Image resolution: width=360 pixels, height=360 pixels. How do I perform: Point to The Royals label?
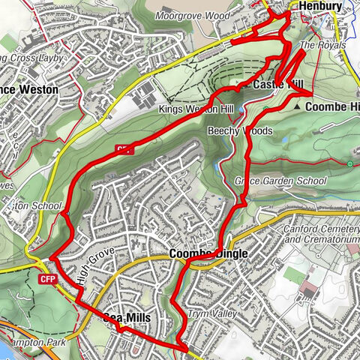[x=322, y=46]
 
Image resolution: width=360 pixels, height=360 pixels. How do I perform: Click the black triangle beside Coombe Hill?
[x=298, y=107]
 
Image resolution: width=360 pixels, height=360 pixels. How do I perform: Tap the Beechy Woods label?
[x=240, y=130]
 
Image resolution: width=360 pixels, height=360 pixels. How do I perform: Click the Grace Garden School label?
[x=280, y=181]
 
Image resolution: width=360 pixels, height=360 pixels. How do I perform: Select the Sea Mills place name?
[x=127, y=318]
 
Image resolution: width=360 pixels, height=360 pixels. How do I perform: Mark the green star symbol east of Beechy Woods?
[x=349, y=163]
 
